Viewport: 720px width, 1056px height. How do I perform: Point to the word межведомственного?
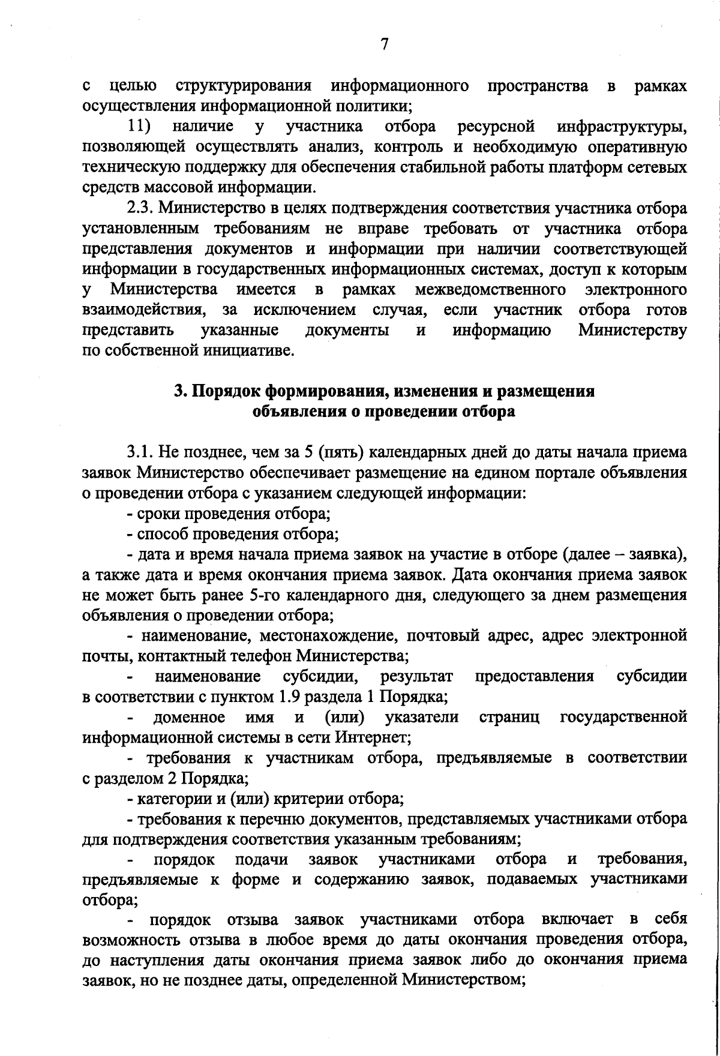pyautogui.click(x=490, y=290)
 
